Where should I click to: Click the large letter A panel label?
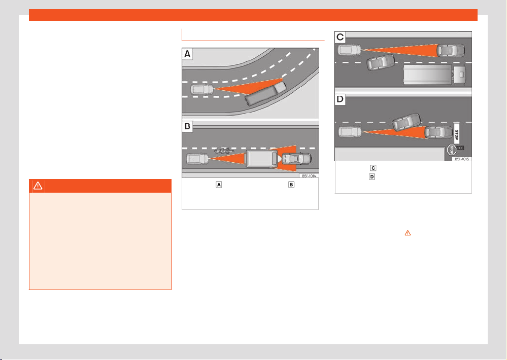187,54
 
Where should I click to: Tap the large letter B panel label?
187,126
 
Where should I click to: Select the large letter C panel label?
340,37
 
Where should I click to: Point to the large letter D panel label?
340,99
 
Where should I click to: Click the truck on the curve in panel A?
265,94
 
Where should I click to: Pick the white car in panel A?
202,90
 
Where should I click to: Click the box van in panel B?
261,158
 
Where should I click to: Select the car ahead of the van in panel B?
297,159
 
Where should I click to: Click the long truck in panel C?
434,75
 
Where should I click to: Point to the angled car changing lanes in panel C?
381,62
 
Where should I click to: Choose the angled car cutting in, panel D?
407,122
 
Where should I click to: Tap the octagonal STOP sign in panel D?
452,150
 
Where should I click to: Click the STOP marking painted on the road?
457,134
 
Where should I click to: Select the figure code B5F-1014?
309,176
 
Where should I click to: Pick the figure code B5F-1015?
462,159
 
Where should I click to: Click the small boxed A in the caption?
219,185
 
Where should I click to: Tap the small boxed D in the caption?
372,177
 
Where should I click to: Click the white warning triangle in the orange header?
38,186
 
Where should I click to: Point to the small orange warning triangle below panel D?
408,233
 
